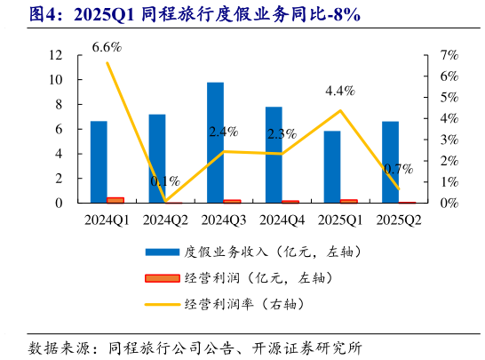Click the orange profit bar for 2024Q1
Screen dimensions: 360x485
click(115, 200)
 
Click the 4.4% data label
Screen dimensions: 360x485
click(340, 91)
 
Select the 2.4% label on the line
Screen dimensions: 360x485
click(223, 132)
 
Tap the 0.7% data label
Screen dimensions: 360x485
click(399, 168)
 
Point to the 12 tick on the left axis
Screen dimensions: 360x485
click(55, 55)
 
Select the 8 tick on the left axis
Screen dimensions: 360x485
click(59, 104)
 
